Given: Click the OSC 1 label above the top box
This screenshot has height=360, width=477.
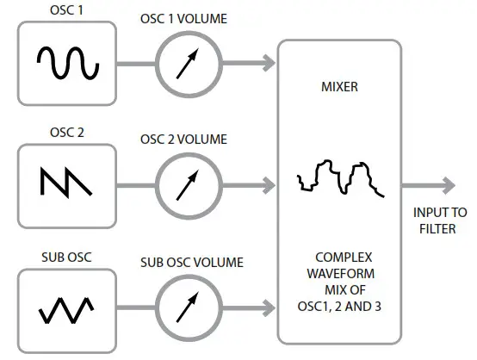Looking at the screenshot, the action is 66,10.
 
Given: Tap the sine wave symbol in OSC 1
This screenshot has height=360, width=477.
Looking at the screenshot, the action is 68,63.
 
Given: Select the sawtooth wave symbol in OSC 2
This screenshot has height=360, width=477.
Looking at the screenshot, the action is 66,182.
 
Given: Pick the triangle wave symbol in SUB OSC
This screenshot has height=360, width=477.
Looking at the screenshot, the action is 66,310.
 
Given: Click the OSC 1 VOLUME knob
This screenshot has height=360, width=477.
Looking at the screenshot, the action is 189,64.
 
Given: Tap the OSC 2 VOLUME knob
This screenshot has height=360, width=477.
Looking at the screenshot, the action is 189,186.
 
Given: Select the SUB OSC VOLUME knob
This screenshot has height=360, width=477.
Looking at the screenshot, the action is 189,307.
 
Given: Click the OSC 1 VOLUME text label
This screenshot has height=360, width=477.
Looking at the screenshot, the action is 183,19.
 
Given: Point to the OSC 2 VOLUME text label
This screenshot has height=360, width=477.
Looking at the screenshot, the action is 183,140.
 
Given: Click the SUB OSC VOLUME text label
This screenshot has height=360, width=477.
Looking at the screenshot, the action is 192,263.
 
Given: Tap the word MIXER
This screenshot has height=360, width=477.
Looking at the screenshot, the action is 339,87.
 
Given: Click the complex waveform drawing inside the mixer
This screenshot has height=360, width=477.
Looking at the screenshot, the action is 341,178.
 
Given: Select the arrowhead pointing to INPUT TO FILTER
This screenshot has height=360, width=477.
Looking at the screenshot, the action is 449,185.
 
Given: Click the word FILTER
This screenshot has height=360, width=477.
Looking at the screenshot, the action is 437,229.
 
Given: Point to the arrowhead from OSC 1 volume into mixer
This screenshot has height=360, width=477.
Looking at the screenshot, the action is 269,63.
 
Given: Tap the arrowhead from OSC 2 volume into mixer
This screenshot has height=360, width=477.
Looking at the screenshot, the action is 269,185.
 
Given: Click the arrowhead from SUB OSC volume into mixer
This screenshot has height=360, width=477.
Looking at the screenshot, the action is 269,307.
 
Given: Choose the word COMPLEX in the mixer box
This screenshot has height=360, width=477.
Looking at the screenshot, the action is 344,258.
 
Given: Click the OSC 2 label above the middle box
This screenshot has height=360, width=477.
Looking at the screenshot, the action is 66,133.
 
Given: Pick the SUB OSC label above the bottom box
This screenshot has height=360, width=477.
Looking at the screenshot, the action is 66,258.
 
